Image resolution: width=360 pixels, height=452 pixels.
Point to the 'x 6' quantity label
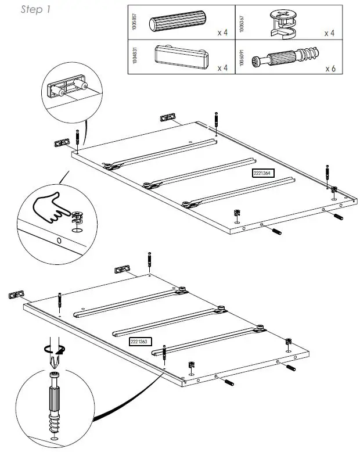pyautogui.click(x=331, y=68)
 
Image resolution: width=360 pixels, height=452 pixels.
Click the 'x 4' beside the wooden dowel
pyautogui.click(x=222, y=33)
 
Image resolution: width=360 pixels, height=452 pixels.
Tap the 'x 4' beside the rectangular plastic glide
pyautogui.click(x=222, y=68)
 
